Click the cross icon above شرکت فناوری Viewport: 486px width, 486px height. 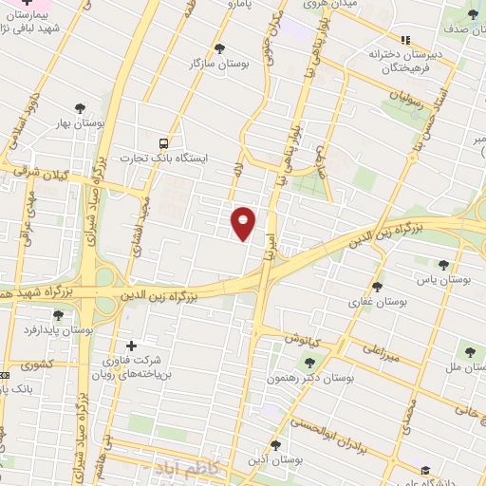(131, 346)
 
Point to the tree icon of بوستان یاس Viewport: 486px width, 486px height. (443, 265)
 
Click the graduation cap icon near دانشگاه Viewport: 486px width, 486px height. (425, 472)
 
